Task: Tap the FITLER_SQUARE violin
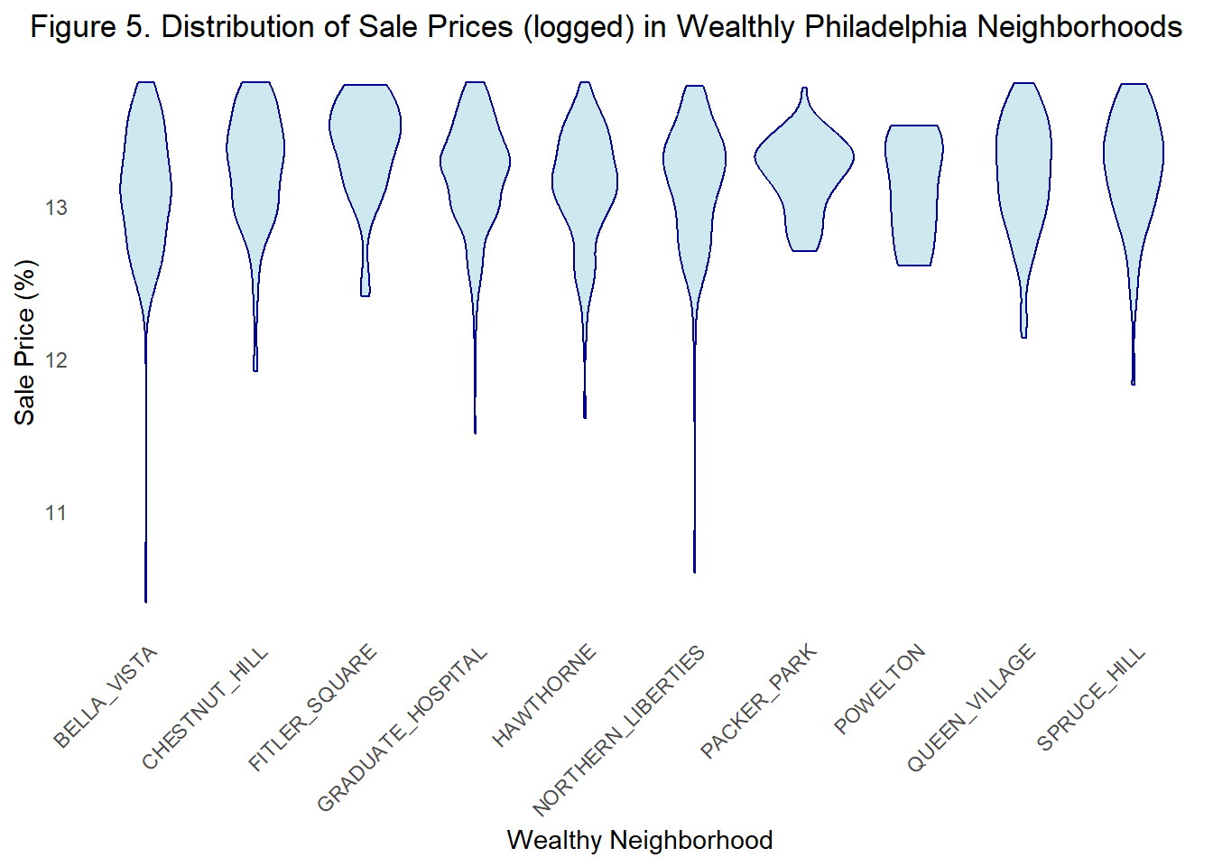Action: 365,135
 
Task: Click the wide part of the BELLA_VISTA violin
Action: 145,190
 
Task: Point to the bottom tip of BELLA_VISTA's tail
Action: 145,600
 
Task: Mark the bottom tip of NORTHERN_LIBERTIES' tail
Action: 694,571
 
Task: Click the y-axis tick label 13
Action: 56,208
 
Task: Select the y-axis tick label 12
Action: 56,360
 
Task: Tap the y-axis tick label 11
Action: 56,513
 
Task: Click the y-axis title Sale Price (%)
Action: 24,342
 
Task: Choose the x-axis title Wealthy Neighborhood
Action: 639,840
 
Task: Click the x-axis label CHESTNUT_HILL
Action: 206,708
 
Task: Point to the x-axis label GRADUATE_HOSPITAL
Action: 403,729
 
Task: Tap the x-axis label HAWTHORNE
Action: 544,695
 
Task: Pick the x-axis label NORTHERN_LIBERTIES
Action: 619,731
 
